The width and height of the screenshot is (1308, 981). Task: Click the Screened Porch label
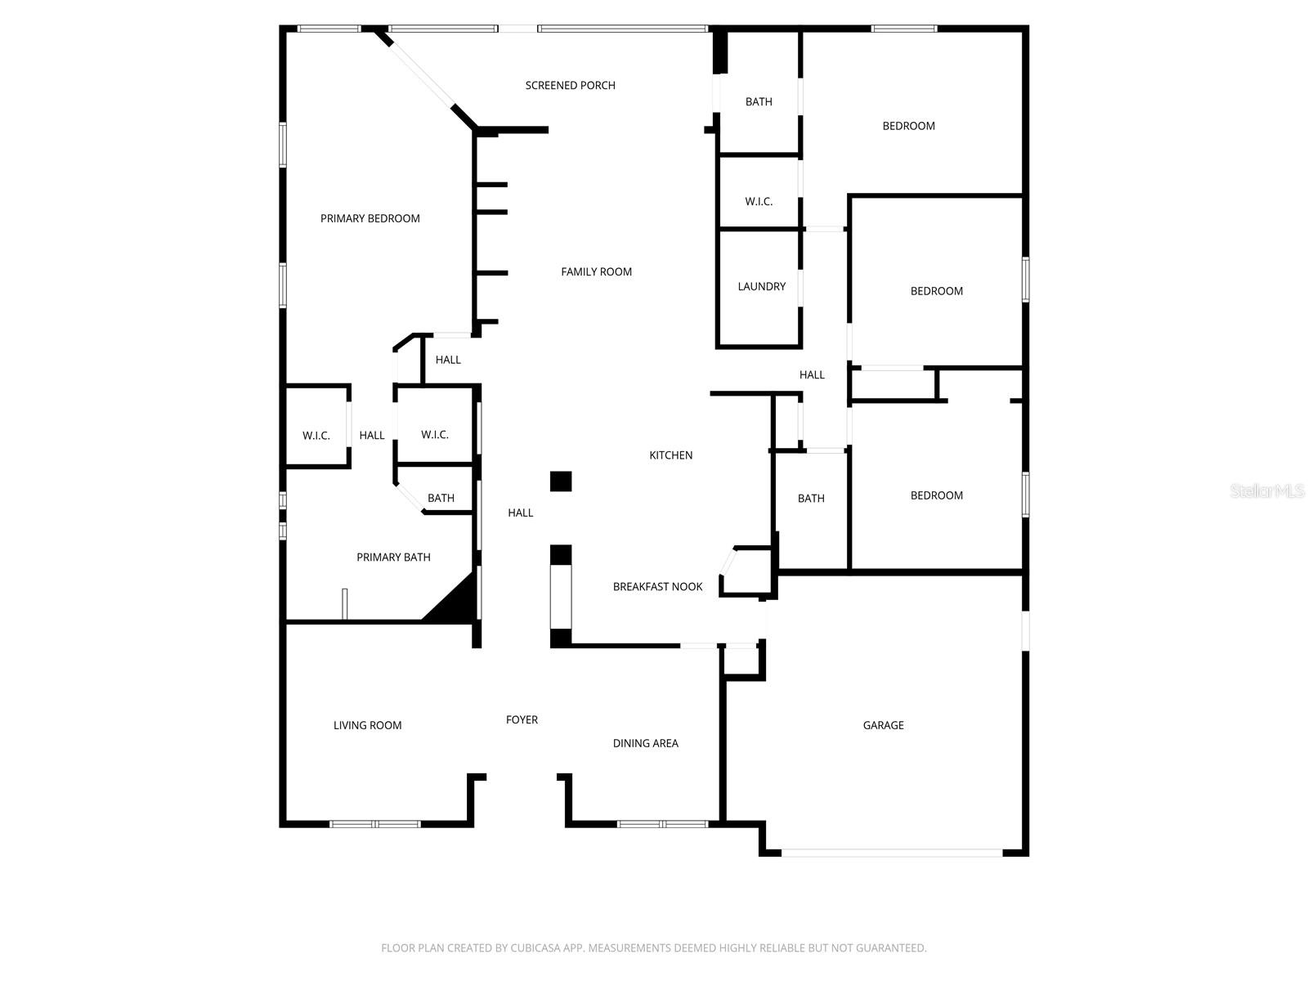(570, 85)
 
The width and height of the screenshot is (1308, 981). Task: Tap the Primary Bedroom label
(370, 218)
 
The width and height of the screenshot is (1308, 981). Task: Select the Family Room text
(596, 271)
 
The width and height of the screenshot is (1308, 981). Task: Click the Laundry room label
(761, 286)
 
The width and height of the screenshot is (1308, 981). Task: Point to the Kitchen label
(670, 455)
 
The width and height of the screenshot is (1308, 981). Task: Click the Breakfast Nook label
(657, 587)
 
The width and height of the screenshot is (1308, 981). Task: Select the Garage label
(883, 725)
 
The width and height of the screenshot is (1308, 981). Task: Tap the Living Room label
(367, 725)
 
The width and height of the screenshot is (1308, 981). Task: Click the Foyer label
(522, 719)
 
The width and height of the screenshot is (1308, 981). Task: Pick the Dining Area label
(645, 743)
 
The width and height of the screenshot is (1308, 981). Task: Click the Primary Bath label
(393, 558)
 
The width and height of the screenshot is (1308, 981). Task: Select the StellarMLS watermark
(1267, 491)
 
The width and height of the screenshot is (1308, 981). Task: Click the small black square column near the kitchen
(561, 482)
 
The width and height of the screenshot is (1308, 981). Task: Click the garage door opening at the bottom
(891, 853)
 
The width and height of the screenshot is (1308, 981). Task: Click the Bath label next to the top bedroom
(759, 102)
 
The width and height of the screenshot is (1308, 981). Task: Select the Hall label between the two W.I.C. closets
(372, 436)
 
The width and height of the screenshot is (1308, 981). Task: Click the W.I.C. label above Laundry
(759, 202)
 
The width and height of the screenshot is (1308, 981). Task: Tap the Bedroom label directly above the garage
(936, 495)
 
